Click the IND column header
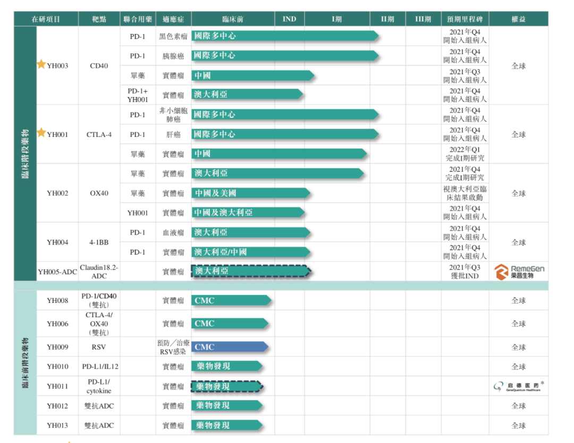click(289, 19)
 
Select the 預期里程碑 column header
click(465, 19)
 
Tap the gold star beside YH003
click(41, 65)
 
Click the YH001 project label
click(57, 134)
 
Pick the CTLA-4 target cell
click(99, 134)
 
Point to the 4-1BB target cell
click(99, 242)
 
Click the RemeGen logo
click(519, 272)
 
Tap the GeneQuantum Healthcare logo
click(519, 387)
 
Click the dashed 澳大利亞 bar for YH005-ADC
click(250, 271)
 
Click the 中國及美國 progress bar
click(250, 193)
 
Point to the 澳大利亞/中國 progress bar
click(250, 252)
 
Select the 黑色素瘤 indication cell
click(173, 37)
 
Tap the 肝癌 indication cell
click(173, 135)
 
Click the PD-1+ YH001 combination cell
click(138, 95)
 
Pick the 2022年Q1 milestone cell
click(465, 154)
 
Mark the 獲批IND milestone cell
click(465, 272)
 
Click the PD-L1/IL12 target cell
click(99, 367)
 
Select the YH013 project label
click(57, 425)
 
